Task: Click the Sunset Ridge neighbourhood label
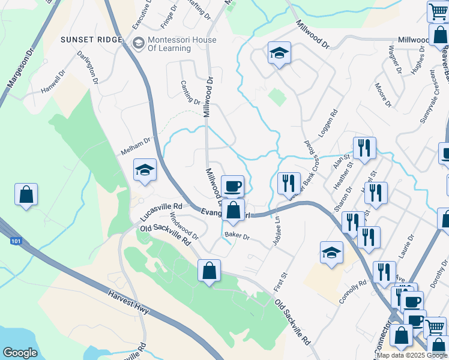pyautogui.click(x=92, y=40)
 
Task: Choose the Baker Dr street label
pyautogui.click(x=237, y=236)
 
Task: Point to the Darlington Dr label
pyautogui.click(x=88, y=67)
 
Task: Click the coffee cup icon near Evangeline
pyautogui.click(x=232, y=185)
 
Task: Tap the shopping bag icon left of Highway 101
pyautogui.click(x=26, y=194)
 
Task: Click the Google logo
pyautogui.click(x=20, y=353)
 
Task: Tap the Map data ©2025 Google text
pyautogui.click(x=411, y=355)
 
